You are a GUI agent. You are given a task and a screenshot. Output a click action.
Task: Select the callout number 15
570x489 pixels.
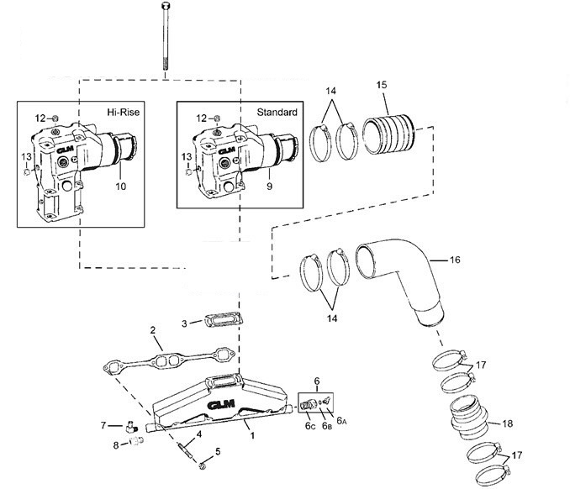point(383,87)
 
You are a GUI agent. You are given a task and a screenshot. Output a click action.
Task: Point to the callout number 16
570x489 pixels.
point(455,260)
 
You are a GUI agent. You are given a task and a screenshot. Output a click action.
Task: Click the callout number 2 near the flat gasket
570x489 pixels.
point(153,331)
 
